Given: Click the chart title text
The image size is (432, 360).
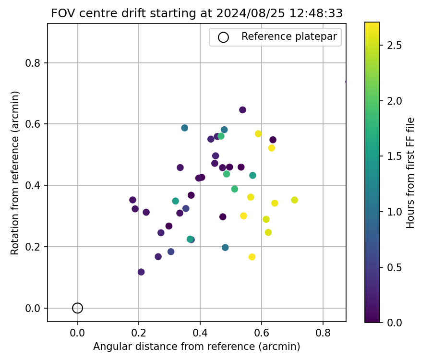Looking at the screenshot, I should [197, 13].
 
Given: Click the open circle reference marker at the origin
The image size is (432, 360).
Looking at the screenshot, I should [78, 308].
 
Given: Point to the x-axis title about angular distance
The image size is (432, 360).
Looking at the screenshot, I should [197, 347].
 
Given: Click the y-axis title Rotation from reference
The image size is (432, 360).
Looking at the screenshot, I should [16, 172].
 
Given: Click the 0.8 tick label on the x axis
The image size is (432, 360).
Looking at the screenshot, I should [323, 332].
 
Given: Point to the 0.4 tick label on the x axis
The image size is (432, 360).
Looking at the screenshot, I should [200, 332].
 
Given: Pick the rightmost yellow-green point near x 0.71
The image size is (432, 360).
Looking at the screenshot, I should [294, 200].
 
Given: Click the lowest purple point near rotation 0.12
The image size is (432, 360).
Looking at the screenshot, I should [141, 272].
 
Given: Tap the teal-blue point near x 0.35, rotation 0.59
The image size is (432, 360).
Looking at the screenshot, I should [185, 128].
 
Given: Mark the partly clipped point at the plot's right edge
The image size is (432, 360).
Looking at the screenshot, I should [345, 82].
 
